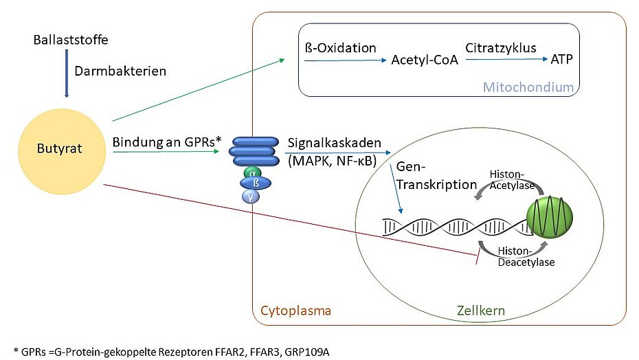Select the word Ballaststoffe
[x=71, y=40]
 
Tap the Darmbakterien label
[x=120, y=71]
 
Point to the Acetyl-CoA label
[x=425, y=60]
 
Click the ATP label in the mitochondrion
[x=561, y=60]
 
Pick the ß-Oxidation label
[x=340, y=48]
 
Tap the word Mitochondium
[x=528, y=87]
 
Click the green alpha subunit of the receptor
[x=256, y=172]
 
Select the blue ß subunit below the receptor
[x=256, y=183]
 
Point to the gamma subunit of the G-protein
[x=256, y=196]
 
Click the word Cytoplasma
[x=295, y=311]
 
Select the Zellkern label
[x=481, y=311]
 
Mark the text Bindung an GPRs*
[x=167, y=142]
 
